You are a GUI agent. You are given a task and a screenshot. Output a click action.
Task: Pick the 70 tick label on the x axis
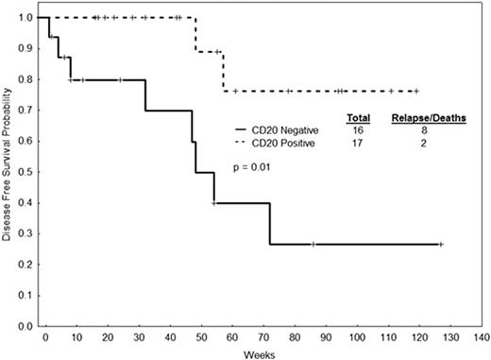point(262,335)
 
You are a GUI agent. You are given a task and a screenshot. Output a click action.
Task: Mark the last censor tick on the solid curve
point(441,244)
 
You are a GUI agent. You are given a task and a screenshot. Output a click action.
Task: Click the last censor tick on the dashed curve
point(415,91)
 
